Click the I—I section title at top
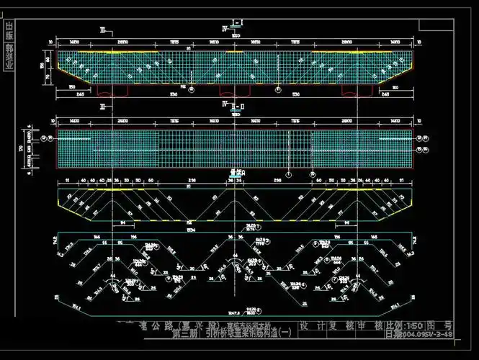(x=237, y=24)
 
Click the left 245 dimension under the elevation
(x=82, y=94)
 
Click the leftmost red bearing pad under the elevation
(x=112, y=91)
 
